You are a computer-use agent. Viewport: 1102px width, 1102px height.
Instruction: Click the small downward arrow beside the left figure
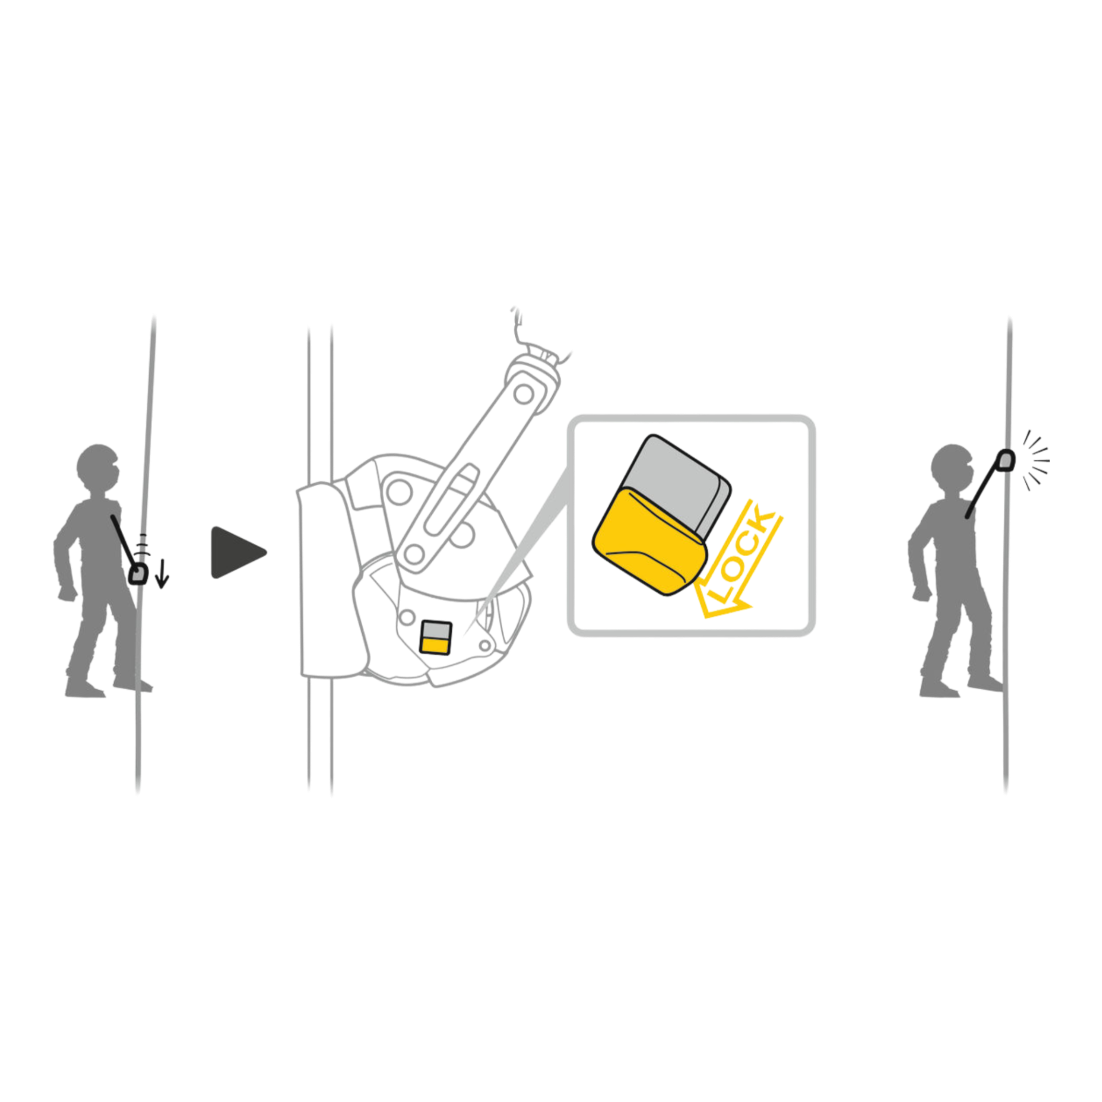(162, 573)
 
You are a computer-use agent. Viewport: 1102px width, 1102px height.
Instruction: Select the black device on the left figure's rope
(138, 574)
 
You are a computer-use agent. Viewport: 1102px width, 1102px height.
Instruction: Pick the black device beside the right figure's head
(1006, 460)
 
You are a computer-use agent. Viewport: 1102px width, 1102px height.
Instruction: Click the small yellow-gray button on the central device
(436, 637)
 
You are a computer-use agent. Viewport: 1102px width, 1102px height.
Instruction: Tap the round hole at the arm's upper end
(523, 394)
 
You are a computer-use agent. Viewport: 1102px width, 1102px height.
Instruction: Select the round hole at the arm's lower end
(413, 554)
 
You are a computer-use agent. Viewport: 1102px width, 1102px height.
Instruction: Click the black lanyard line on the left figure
(123, 540)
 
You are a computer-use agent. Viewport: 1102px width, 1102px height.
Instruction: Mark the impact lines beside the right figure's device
(1036, 460)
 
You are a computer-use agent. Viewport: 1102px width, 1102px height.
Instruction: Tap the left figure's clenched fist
(67, 593)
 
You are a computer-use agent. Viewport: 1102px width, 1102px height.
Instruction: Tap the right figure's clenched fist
(921, 593)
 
